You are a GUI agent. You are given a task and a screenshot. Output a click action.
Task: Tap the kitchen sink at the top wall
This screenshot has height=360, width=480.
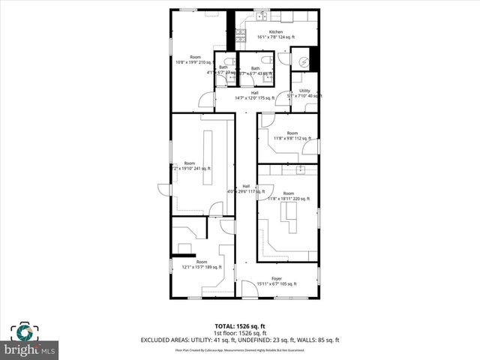pos(263,14)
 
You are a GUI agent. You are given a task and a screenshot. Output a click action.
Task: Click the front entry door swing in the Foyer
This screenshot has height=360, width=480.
pos(249,288)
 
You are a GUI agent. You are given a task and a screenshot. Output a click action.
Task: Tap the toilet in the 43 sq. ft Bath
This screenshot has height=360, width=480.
pos(268,61)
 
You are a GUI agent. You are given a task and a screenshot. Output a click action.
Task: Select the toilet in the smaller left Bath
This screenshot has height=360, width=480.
pos(229,61)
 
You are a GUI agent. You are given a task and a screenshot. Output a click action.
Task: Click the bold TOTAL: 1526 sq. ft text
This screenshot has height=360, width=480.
pos(240,325)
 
